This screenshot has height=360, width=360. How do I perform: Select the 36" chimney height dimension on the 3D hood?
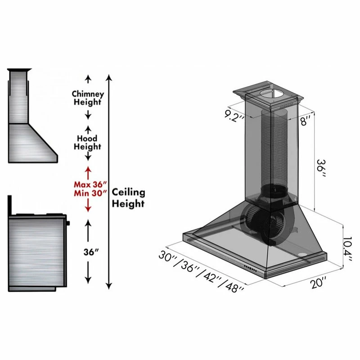[321, 168]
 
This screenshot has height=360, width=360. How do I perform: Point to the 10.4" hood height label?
[347, 250]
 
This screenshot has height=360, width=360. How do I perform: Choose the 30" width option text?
[167, 257]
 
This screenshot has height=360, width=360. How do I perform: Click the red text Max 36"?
[90, 184]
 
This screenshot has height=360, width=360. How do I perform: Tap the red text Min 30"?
[90, 193]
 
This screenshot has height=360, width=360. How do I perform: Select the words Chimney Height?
[88, 98]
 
